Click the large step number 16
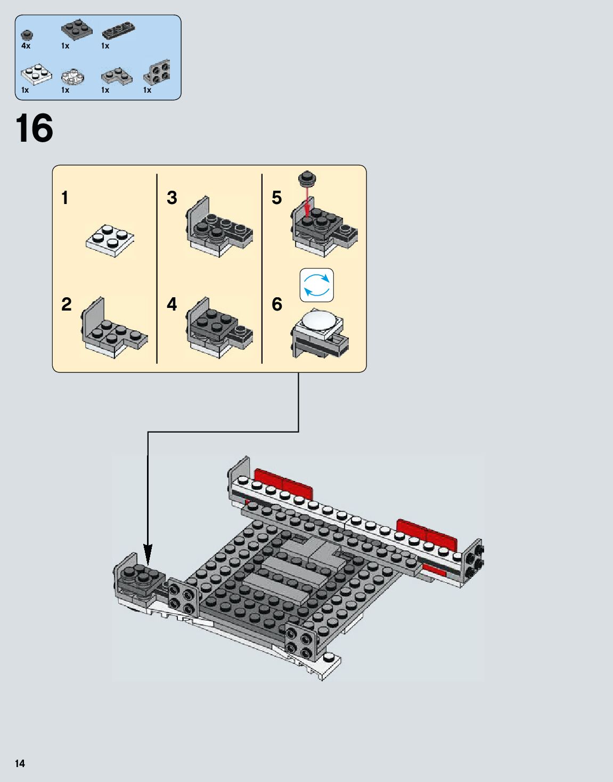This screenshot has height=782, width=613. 34,128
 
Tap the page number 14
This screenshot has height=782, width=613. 20,763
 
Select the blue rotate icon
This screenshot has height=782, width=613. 316,284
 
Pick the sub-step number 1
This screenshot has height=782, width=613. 65,198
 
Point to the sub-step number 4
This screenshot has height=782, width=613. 171,304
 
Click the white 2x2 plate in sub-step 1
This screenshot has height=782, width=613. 110,240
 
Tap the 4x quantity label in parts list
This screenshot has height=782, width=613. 26,46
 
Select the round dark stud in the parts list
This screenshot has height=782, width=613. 26,35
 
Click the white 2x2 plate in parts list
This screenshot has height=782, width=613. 36,74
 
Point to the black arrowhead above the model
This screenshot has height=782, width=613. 148,556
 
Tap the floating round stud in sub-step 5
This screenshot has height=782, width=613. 307,177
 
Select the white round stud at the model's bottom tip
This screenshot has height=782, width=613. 328,657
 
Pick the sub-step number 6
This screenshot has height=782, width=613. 276,304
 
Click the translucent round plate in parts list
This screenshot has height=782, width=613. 73,76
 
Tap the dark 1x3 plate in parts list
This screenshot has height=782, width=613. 119,31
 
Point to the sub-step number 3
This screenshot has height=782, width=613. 171,198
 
